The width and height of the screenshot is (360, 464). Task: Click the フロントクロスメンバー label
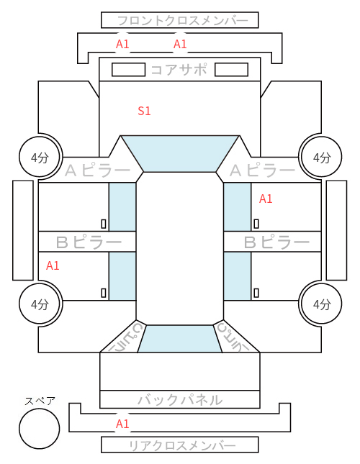tap(182, 21)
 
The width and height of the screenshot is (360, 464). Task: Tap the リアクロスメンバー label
tap(182, 445)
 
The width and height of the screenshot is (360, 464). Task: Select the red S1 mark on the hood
tap(144, 111)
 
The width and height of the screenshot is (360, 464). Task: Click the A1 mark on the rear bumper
tap(122, 424)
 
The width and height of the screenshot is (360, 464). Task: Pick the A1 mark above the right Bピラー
tap(266, 199)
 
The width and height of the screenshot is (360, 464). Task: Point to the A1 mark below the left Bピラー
tap(53, 265)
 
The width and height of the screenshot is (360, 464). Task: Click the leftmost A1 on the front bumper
tap(122, 44)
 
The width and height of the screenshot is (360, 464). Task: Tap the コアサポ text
tap(179, 70)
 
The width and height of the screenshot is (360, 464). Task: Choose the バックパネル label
tap(180, 400)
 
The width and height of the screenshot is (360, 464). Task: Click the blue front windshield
tap(180, 154)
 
